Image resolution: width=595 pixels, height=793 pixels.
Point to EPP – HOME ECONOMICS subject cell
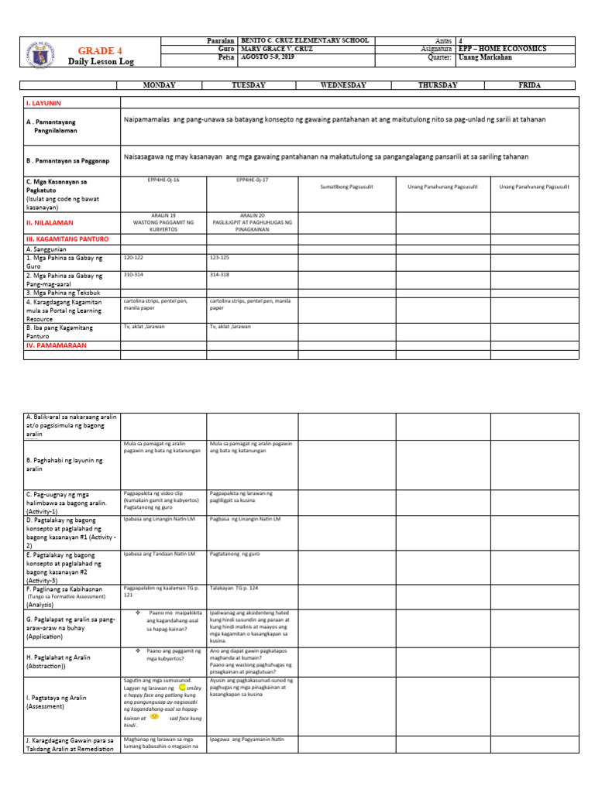pyautogui.click(x=502, y=49)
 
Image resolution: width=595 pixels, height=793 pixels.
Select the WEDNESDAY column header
pyautogui.click(x=342, y=85)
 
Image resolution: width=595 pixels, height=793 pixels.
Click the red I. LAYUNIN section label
pyautogui.click(x=43, y=102)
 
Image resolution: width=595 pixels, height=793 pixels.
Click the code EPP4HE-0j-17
pyautogui.click(x=253, y=179)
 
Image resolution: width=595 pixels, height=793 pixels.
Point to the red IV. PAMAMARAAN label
pyautogui.click(x=57, y=345)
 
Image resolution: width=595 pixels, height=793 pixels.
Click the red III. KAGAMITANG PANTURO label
pyautogui.click(x=67, y=239)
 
